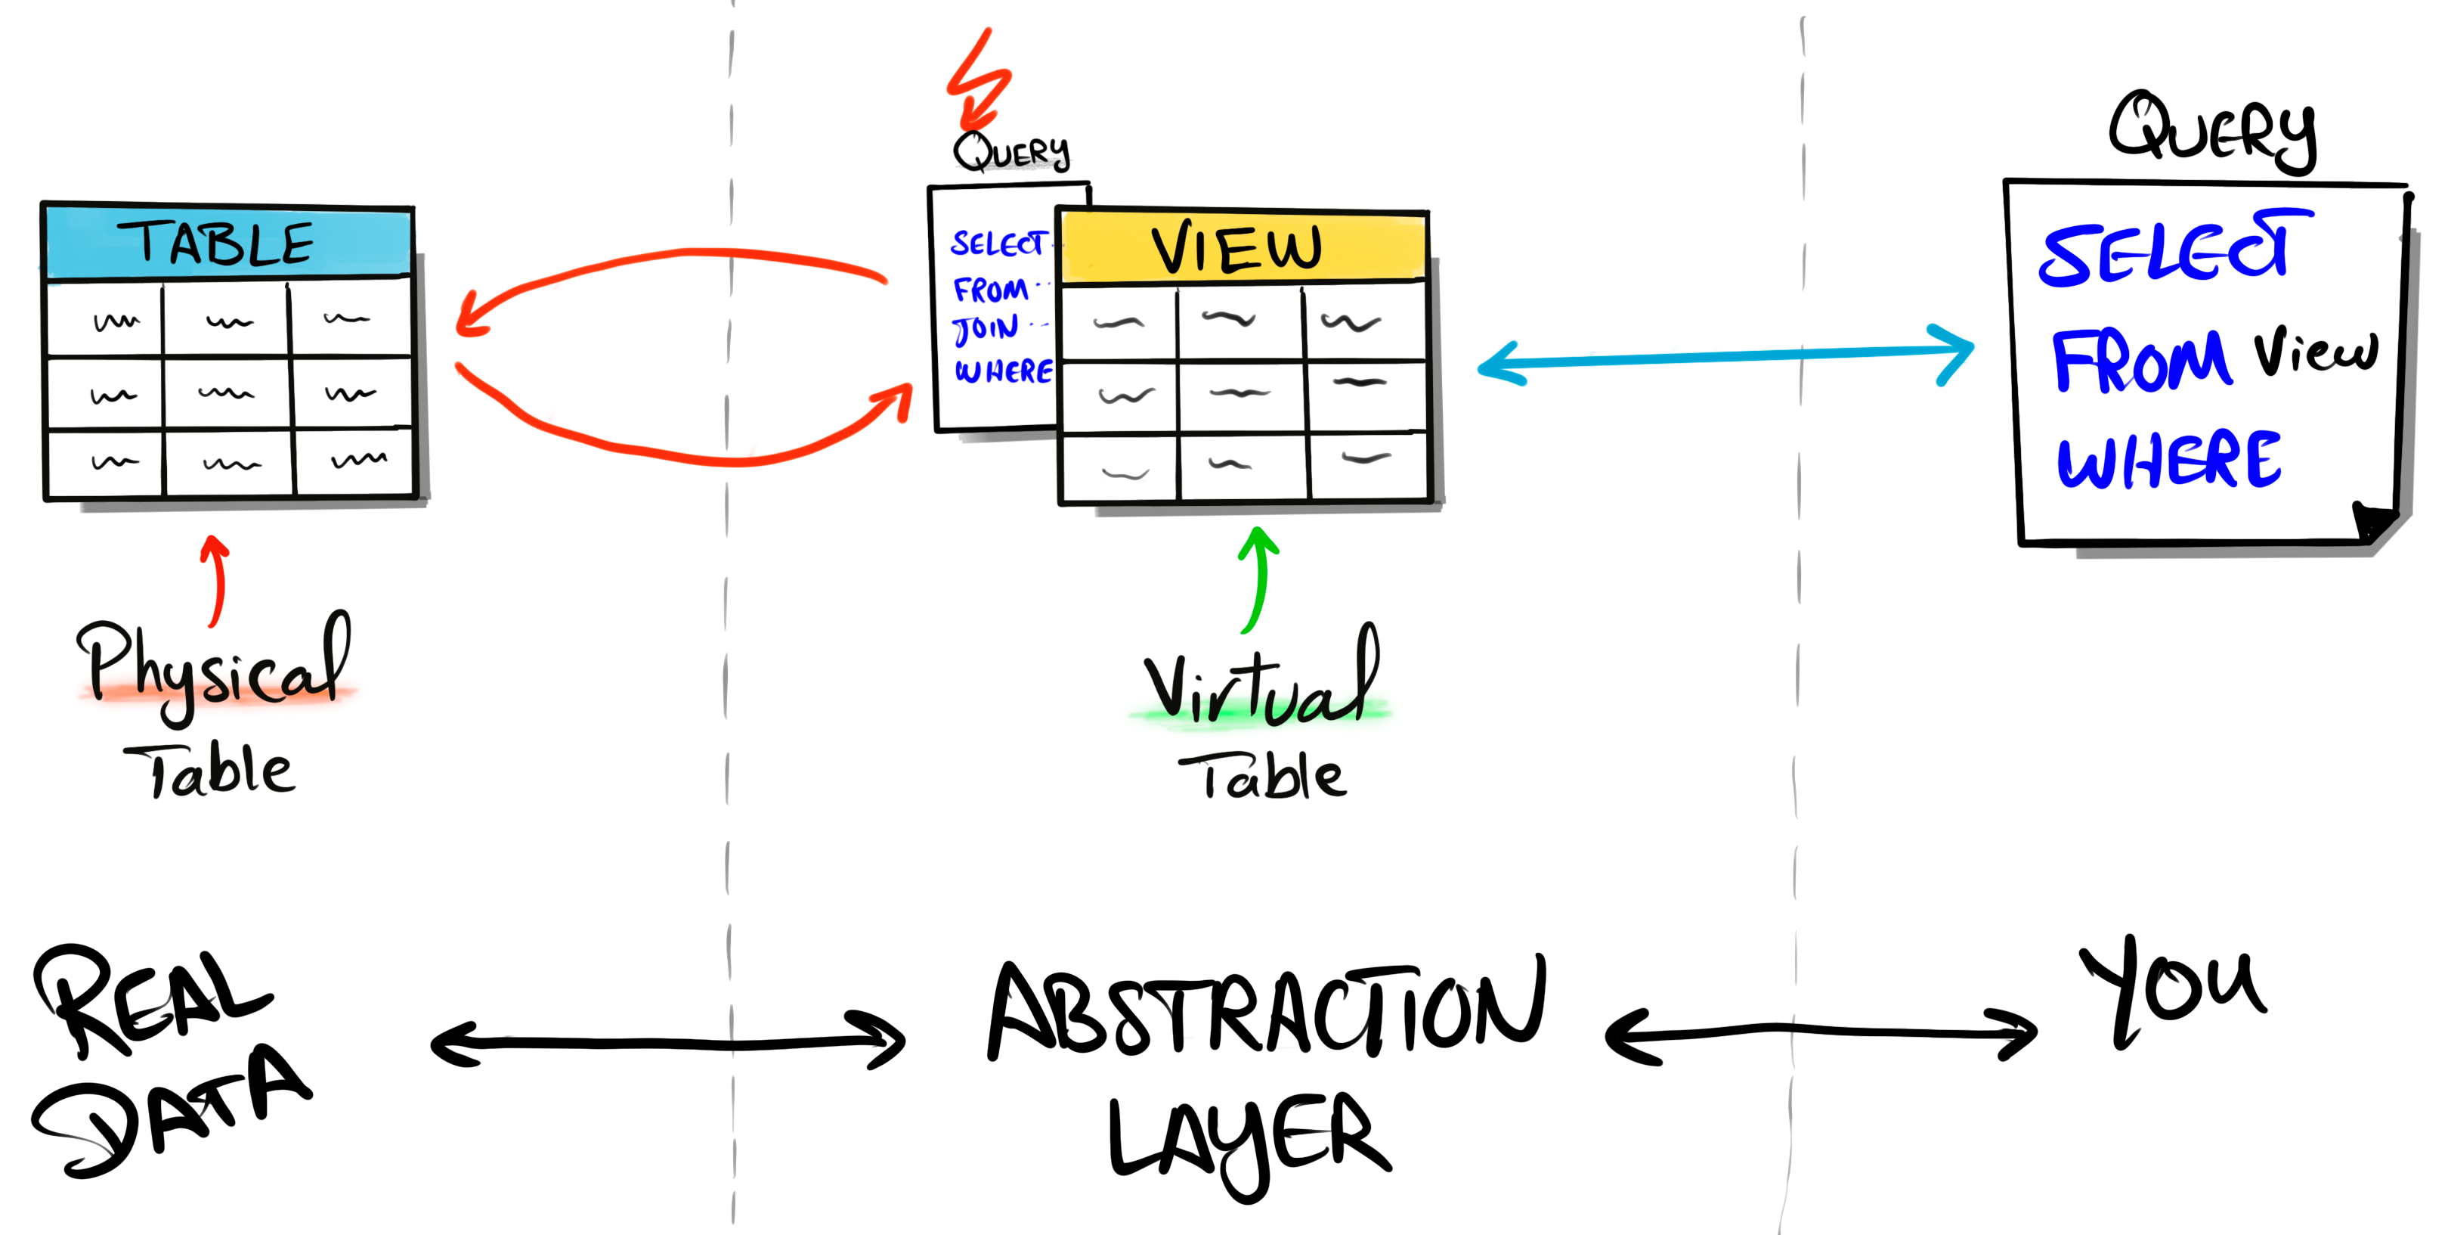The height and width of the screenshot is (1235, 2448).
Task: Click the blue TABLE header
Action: [x=228, y=243]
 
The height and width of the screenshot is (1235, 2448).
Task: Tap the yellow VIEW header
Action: [x=1240, y=247]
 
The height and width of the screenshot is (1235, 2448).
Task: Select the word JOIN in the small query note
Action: [x=986, y=329]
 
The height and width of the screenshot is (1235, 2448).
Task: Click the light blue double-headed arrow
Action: [x=1725, y=356]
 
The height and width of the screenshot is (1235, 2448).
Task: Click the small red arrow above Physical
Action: [x=217, y=580]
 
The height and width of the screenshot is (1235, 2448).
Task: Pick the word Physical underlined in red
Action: [x=214, y=666]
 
